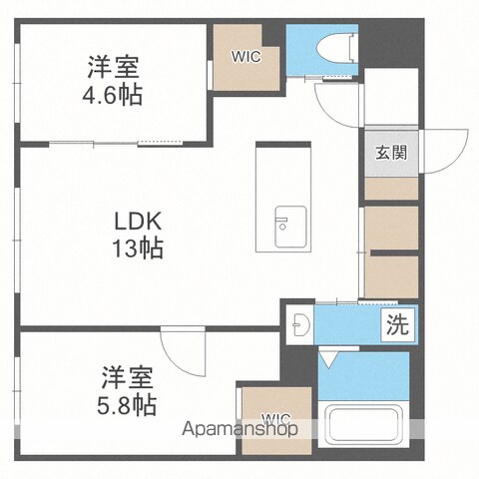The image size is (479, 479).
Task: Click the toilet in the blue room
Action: click(x=337, y=49)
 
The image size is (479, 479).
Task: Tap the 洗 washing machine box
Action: click(x=398, y=324)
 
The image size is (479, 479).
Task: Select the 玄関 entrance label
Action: click(x=391, y=153)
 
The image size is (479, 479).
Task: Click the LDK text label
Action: click(x=138, y=222)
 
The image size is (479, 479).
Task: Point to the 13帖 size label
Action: click(x=138, y=247)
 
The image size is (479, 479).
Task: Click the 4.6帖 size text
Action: click(x=113, y=95)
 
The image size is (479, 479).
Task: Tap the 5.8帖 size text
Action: click(x=127, y=404)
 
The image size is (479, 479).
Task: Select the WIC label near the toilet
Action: click(x=246, y=57)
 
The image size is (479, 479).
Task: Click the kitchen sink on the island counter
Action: click(x=290, y=227)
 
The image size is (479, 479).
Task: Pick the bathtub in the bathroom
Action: click(x=363, y=424)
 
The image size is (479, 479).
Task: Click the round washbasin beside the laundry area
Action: click(x=301, y=323)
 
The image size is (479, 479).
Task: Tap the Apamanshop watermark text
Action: click(x=239, y=429)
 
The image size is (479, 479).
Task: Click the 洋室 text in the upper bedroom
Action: click(x=113, y=67)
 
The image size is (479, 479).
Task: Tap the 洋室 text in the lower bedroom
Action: click(x=128, y=377)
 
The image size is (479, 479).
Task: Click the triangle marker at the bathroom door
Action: click(x=328, y=359)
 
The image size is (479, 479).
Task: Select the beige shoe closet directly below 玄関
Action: click(x=391, y=189)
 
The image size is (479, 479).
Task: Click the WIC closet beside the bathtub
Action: click(x=276, y=420)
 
